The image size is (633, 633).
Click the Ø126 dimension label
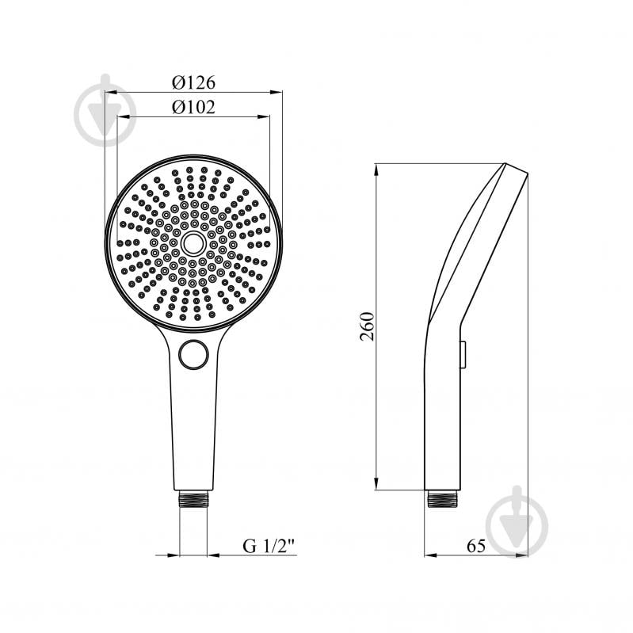tap(194, 82)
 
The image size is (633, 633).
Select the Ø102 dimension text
tap(194, 107)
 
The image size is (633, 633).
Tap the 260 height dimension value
tap(368, 326)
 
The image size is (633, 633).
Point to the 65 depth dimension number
tap(476, 546)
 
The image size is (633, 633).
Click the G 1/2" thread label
tap(269, 546)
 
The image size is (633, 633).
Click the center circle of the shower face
tap(194, 243)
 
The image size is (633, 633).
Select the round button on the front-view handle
tap(193, 354)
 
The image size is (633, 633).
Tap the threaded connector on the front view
tap(193, 498)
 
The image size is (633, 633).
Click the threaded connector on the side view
tap(442, 498)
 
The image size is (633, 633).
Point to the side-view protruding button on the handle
tap(463, 354)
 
